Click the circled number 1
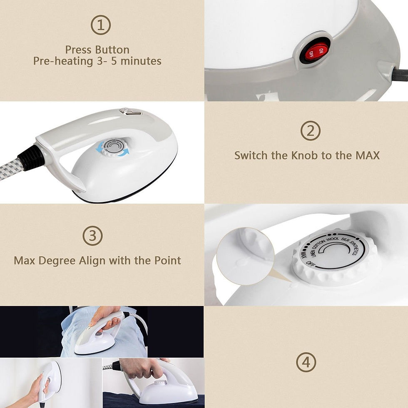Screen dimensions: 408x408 click(x=100, y=26)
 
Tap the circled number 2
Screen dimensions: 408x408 click(x=310, y=131)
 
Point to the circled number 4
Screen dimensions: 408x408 click(x=306, y=362)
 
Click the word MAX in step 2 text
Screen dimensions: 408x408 click(x=367, y=156)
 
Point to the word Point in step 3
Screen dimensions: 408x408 click(x=165, y=261)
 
